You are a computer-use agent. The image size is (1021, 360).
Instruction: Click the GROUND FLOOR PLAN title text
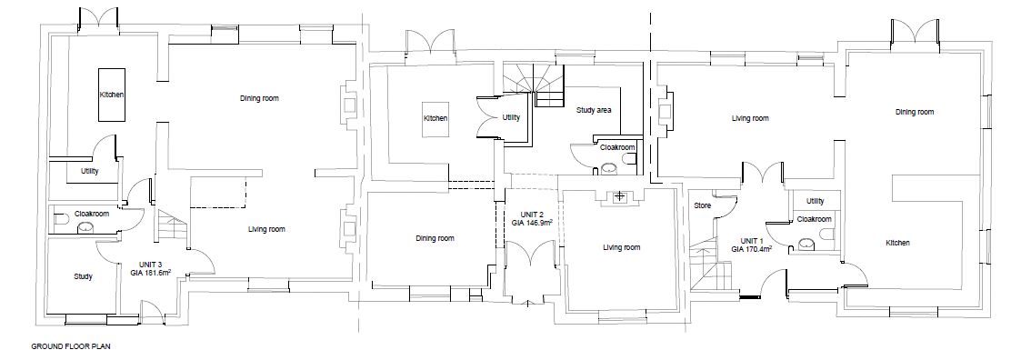(x=71, y=346)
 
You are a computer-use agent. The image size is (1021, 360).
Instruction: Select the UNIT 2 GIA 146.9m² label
(x=532, y=216)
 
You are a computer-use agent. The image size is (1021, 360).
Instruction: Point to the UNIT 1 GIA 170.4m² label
(x=752, y=243)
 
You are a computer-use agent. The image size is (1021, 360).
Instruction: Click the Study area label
(x=594, y=110)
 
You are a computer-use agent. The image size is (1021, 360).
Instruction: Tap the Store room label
(x=701, y=205)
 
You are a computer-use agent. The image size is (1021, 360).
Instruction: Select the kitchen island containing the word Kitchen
(x=112, y=95)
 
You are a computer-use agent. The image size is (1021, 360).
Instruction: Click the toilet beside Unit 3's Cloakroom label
(x=60, y=221)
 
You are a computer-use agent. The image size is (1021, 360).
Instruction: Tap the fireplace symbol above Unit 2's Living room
(x=620, y=196)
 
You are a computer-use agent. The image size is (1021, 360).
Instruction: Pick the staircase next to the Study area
(x=527, y=86)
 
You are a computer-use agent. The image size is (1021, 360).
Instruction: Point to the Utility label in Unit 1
(x=815, y=201)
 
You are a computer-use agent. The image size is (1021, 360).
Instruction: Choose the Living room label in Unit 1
(x=751, y=118)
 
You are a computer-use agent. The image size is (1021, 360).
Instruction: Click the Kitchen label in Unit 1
(x=898, y=243)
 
